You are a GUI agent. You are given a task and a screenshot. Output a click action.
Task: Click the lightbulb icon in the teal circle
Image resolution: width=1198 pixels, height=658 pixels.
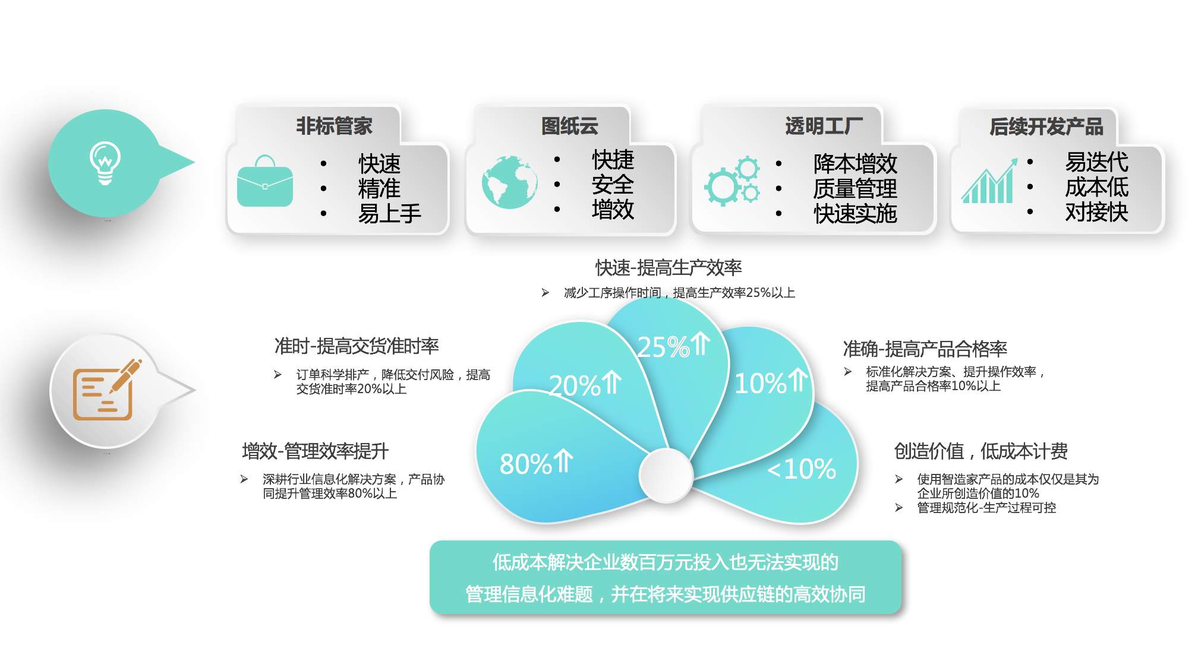105,163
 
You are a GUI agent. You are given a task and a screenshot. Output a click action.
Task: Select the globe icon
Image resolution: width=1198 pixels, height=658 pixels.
509,182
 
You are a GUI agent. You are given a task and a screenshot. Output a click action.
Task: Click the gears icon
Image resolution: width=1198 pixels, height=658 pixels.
732,181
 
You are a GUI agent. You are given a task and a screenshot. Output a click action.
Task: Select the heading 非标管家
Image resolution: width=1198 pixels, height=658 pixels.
334,126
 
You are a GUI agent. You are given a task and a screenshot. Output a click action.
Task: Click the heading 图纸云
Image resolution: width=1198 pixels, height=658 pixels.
569,126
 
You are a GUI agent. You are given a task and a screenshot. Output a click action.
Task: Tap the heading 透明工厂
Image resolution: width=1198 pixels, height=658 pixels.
824,126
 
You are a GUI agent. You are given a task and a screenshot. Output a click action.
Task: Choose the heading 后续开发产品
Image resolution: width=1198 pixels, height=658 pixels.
1046,126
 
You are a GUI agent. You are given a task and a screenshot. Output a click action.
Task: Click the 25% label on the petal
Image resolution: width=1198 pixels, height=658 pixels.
673,346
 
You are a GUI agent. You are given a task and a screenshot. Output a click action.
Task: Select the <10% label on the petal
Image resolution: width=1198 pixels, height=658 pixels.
802,469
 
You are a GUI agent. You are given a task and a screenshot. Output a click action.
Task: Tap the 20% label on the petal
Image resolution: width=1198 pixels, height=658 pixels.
585,385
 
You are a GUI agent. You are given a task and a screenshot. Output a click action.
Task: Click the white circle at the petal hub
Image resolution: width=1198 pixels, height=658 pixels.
666,475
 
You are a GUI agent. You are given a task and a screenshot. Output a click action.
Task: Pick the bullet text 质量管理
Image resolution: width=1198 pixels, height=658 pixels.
855,189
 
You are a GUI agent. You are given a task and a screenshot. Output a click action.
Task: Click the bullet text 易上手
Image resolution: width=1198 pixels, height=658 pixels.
389,213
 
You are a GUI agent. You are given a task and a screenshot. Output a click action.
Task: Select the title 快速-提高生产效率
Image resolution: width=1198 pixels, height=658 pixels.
669,268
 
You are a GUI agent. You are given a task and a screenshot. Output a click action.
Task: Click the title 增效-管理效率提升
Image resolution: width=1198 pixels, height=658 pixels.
315,451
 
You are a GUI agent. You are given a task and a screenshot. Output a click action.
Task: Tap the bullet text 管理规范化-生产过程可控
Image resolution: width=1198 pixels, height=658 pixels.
986,508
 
